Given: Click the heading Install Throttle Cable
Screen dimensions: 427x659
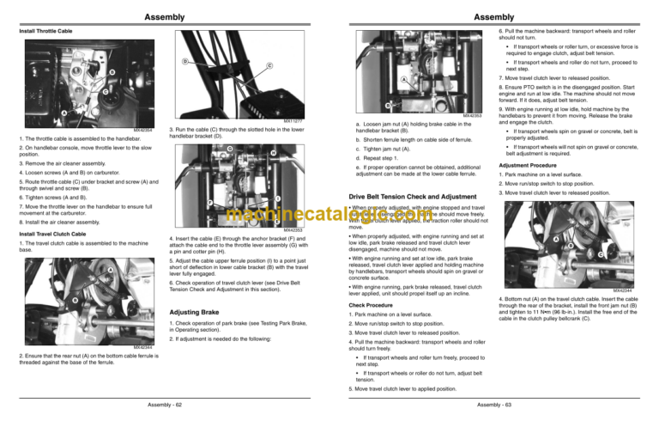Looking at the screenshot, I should [46, 32].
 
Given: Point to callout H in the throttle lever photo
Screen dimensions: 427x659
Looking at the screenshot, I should [273, 154].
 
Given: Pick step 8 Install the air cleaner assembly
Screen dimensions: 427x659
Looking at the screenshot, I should [60, 222].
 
